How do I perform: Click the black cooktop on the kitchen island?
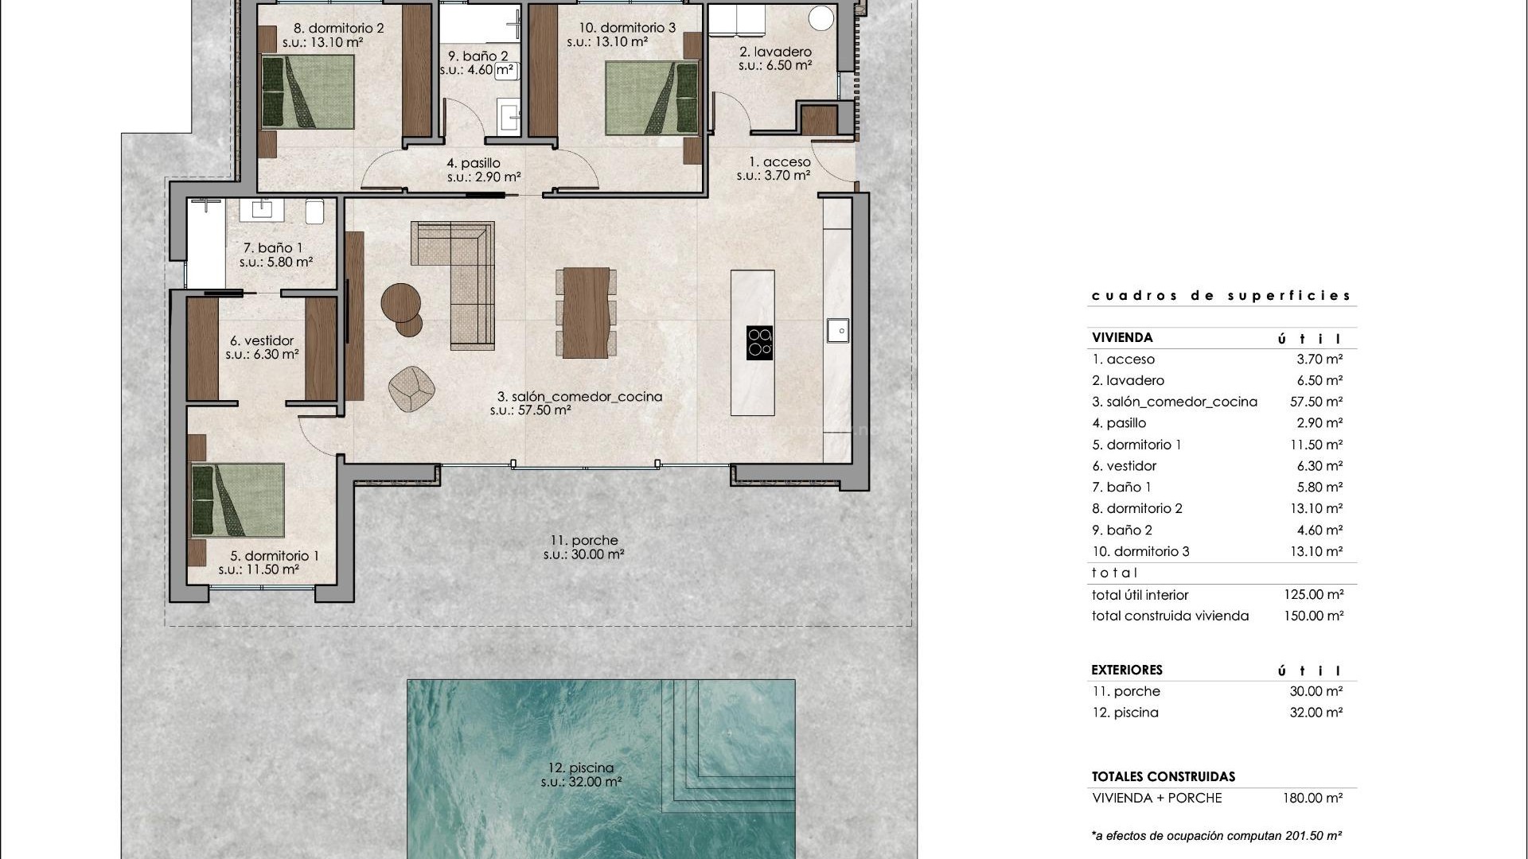pos(759,343)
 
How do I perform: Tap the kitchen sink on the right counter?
pos(837,329)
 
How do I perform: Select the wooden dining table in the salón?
pos(586,313)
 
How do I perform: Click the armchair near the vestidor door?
pos(411,390)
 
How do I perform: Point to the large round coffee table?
pos(400,301)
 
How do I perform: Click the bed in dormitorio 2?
pos(308,91)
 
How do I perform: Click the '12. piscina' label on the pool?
pos(581,768)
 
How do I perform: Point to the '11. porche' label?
pos(583,541)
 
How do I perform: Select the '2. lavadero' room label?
pos(775,52)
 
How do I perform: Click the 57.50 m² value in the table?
pos(1316,402)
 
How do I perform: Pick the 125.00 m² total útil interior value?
pos(1313,595)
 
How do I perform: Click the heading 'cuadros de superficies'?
pos(1221,296)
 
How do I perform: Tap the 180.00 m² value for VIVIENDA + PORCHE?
pos(1312,798)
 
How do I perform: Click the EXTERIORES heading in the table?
pos(1127,670)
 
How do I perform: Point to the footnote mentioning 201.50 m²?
pos(1217,835)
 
